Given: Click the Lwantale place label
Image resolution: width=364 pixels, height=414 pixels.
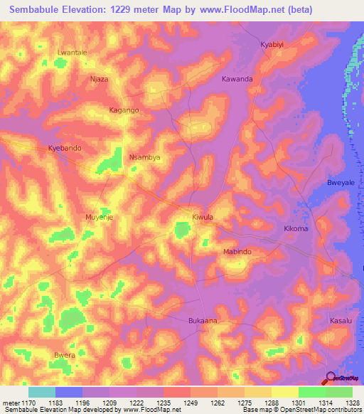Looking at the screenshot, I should tap(72, 53).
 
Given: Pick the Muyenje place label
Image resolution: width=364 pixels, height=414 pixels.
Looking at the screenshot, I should tap(100, 216).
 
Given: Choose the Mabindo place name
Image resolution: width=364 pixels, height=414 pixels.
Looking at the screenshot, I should tap(238, 252).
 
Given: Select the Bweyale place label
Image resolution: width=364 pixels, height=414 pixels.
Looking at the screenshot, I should tap(340, 183).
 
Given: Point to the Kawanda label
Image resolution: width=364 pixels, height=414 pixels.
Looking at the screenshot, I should tap(237, 79).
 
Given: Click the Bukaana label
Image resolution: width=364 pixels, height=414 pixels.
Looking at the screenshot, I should tap(203, 321).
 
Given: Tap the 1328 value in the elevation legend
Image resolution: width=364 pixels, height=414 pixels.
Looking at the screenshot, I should tap(353, 403).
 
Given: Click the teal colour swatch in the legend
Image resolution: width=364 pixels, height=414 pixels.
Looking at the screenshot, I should tap(41, 392).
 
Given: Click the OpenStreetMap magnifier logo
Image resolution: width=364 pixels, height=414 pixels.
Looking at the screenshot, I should tap(330, 378).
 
